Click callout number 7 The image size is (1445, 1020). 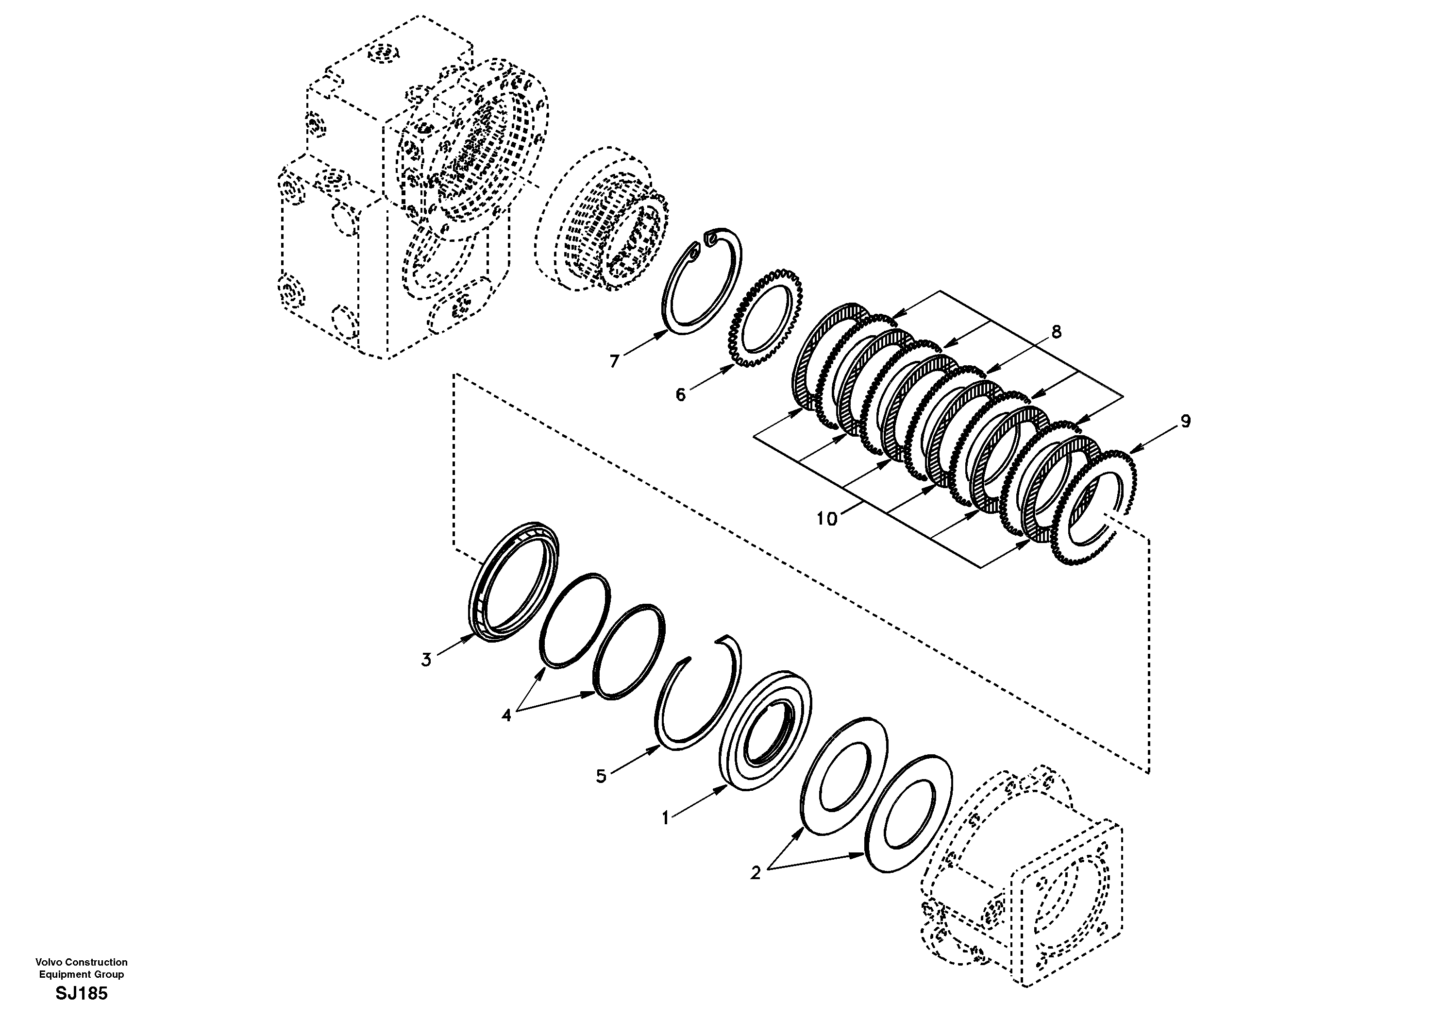(x=615, y=361)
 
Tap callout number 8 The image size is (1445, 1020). (x=1056, y=331)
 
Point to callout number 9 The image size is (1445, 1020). (x=1186, y=421)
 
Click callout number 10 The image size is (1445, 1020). (x=827, y=519)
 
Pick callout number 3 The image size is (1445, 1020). (x=426, y=660)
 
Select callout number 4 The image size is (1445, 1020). (x=506, y=715)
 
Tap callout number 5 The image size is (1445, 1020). (x=601, y=776)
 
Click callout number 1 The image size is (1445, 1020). (x=666, y=818)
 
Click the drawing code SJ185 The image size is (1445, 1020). (x=82, y=994)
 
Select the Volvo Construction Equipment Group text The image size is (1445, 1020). (x=82, y=968)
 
